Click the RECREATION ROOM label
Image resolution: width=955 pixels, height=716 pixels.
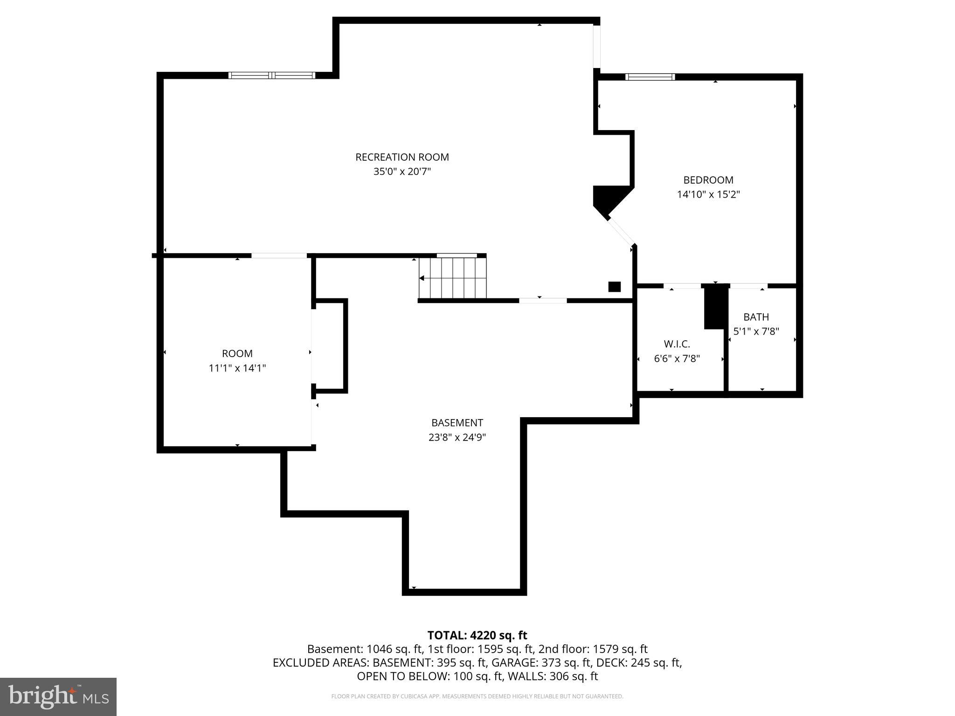coord(402,157)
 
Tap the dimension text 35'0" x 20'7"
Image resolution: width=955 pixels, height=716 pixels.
coord(402,172)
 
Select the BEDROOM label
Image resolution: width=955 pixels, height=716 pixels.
coord(708,180)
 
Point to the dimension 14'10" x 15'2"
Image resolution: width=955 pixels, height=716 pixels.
coord(708,194)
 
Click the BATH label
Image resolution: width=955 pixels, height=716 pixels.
coord(756,317)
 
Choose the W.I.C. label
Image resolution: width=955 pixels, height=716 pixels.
coord(677,344)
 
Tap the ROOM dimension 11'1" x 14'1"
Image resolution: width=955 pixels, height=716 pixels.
coord(237,368)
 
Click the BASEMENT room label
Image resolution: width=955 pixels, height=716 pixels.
coord(457,423)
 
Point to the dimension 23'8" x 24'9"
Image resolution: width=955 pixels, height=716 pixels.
coord(457,437)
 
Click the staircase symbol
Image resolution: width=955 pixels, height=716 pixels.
coord(452,278)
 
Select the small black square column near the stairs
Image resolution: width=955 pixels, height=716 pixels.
coord(614,287)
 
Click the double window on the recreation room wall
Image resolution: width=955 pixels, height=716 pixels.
coord(272,75)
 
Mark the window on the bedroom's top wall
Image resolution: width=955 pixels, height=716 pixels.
coord(650,77)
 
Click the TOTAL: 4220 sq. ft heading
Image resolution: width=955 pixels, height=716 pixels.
coord(477,635)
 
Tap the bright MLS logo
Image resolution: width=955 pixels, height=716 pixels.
coord(58,696)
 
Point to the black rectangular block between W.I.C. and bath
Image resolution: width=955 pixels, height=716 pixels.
coord(715,306)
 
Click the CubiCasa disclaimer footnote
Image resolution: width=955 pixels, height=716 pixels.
coord(477,696)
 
